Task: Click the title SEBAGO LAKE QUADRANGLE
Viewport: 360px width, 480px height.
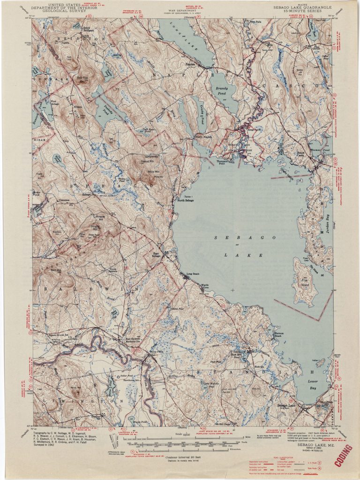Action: tap(303, 8)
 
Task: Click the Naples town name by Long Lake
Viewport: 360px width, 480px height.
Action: tap(189, 65)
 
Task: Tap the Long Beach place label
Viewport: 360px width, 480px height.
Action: tap(193, 274)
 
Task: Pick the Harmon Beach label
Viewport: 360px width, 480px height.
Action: tap(278, 335)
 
